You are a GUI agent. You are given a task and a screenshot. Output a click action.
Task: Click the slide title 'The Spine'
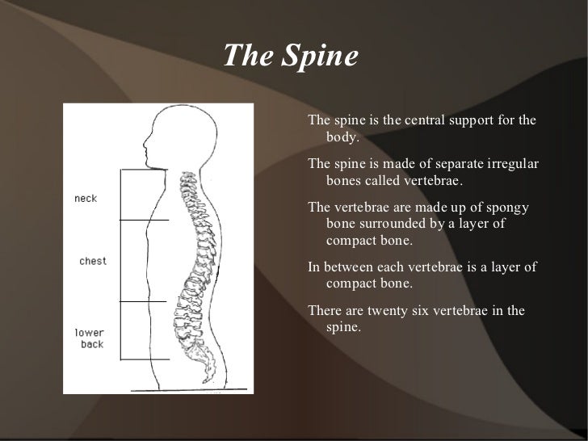(289, 57)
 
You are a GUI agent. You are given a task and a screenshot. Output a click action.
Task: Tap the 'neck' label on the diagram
(86, 199)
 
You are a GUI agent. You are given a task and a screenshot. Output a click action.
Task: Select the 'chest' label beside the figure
(93, 261)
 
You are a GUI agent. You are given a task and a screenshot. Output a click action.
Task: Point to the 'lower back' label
(89, 338)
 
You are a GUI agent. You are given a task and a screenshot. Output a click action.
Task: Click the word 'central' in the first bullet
(423, 121)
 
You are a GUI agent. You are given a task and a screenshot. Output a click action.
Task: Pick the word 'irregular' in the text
(506, 165)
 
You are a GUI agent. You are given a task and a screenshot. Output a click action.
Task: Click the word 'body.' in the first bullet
(342, 136)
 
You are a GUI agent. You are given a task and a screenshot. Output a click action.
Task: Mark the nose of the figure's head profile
(144, 146)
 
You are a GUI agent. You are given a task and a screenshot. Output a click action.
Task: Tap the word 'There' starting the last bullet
(325, 313)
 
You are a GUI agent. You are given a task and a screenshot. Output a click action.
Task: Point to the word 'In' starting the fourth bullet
(314, 268)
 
